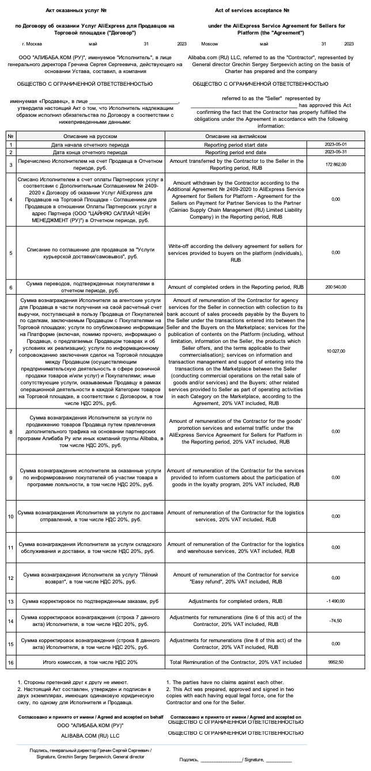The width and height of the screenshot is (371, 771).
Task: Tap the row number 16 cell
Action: (10, 662)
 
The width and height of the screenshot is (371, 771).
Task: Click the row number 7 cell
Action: (10, 351)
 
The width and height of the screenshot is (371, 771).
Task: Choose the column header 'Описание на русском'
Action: (86, 136)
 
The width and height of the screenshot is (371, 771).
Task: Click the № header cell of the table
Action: (10, 136)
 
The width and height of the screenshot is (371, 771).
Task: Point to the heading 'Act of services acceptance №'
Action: (251, 10)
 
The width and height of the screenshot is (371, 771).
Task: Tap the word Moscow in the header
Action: (210, 44)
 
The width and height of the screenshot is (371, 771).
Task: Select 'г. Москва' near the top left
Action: (32, 44)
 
